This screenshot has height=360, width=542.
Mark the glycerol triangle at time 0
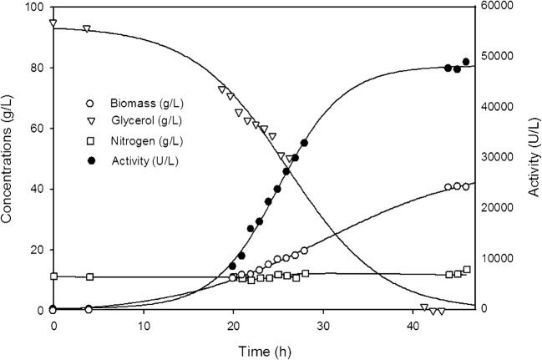(x=53, y=23)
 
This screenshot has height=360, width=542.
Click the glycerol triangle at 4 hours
(x=88, y=29)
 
